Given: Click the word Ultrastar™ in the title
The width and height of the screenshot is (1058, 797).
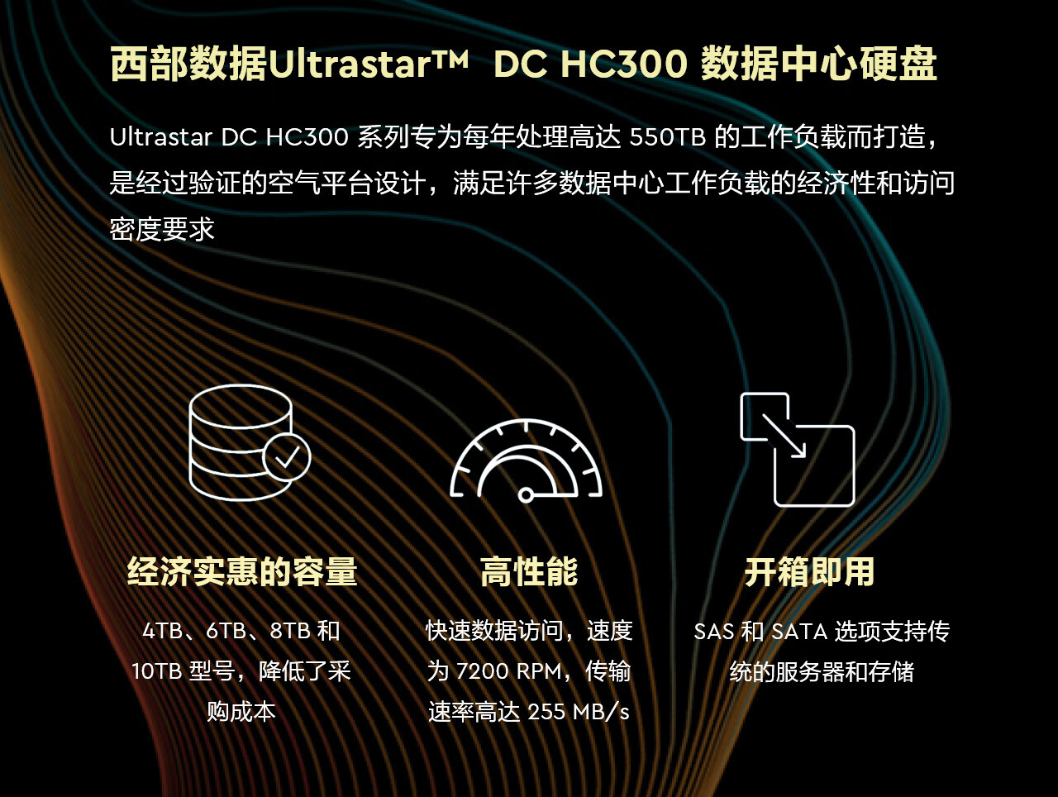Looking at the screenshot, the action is pyautogui.click(x=368, y=64).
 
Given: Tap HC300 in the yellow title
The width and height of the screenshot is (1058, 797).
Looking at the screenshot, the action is pyautogui.click(x=624, y=64).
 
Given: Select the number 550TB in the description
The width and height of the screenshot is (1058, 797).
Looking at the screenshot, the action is pyautogui.click(x=668, y=137).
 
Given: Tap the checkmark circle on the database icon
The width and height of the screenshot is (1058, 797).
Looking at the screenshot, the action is pyautogui.click(x=287, y=456).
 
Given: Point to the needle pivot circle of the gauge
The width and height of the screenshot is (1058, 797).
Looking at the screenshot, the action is pyautogui.click(x=526, y=495).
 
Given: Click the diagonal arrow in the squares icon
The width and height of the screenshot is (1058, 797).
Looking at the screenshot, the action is pyautogui.click(x=784, y=436).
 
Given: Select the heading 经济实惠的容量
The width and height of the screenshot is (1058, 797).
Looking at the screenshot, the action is pyautogui.click(x=242, y=572).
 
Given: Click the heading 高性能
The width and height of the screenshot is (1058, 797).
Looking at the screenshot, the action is pyautogui.click(x=529, y=572).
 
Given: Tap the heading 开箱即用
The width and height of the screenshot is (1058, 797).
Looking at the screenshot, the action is pyautogui.click(x=810, y=572).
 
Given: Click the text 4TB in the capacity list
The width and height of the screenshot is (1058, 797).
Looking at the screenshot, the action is pyautogui.click(x=163, y=631).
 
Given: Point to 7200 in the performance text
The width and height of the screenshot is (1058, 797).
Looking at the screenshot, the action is pyautogui.click(x=483, y=671).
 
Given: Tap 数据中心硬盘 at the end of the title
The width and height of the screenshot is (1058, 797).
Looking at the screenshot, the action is pyautogui.click(x=818, y=64).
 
